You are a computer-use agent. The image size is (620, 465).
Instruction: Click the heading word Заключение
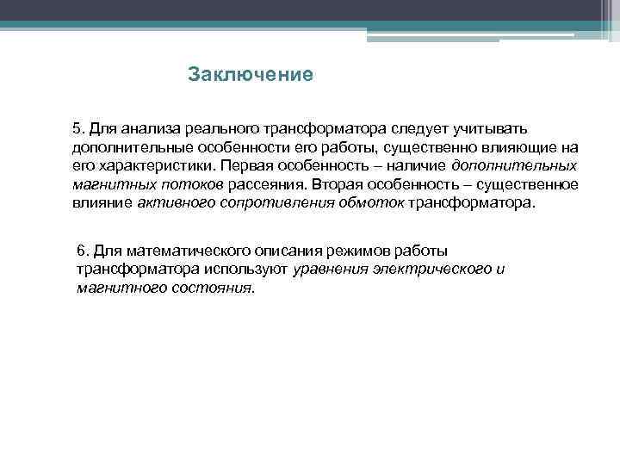pos(250,75)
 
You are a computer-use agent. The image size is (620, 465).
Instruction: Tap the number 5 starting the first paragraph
pos(77,127)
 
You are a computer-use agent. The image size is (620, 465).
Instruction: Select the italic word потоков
pos(194,184)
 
